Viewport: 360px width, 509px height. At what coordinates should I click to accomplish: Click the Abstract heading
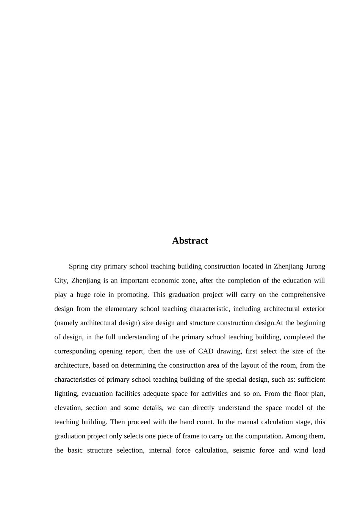(x=190, y=241)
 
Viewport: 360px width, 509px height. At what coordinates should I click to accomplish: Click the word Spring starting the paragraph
(x=77, y=267)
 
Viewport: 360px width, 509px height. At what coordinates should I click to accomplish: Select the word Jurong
(x=315, y=266)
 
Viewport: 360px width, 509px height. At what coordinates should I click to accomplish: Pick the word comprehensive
(x=303, y=295)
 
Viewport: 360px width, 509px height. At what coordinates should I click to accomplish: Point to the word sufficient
(x=309, y=379)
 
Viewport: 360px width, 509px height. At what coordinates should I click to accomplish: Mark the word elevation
(x=68, y=408)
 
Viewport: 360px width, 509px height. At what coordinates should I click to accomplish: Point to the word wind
(x=301, y=450)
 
